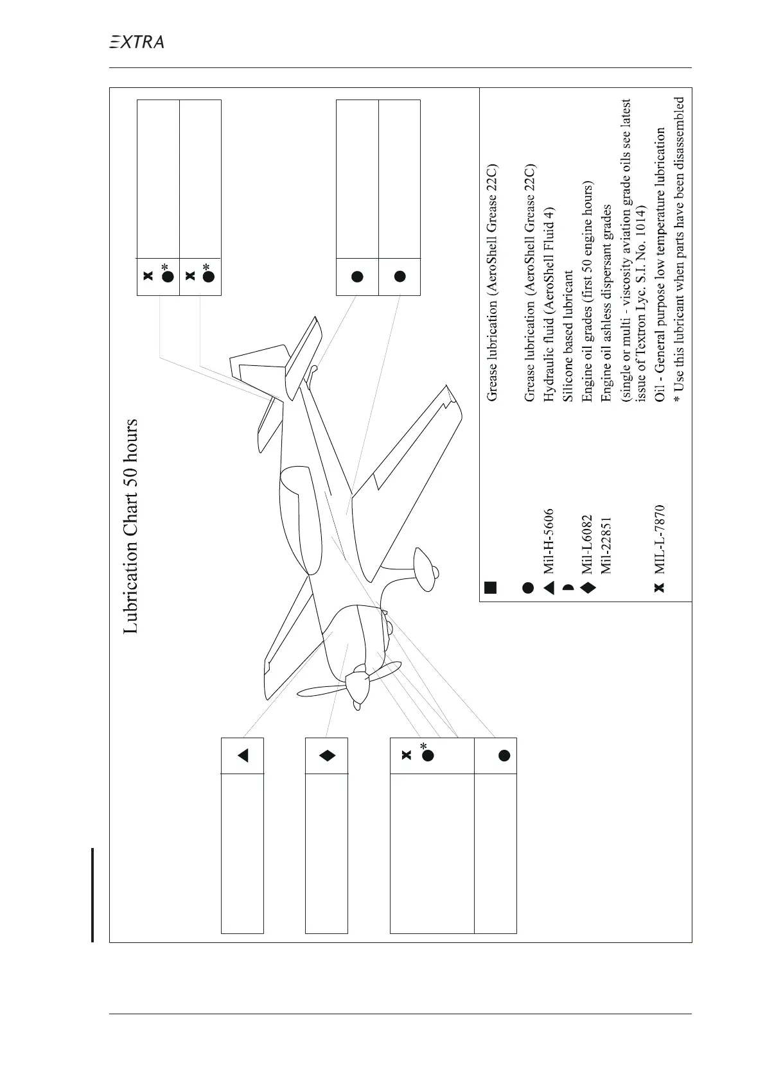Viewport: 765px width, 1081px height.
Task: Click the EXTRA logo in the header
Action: tap(136, 42)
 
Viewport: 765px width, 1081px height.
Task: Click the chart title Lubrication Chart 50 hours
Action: tap(131, 526)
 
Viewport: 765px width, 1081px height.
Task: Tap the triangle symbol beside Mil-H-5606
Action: tap(548, 587)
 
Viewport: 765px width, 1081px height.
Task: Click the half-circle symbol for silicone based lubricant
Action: tap(568, 587)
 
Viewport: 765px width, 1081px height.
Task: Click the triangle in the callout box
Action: tap(243, 756)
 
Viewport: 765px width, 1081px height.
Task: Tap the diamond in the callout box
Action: tap(327, 756)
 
